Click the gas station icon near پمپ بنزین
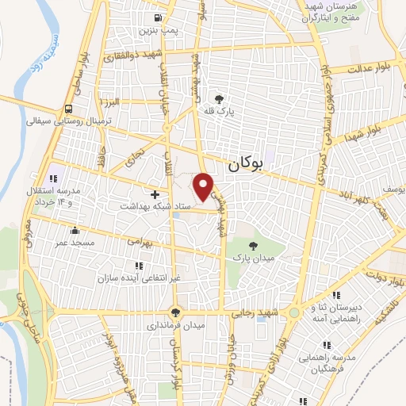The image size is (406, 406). tap(161, 17)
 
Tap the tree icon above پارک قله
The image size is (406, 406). tap(219, 99)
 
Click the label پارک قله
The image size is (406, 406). tap(220, 113)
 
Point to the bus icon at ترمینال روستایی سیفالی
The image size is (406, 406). tap(71, 109)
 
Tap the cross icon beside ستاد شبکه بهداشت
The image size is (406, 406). tap(155, 193)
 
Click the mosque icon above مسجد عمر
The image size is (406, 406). tap(75, 231)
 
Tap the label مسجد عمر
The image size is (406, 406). tap(74, 243)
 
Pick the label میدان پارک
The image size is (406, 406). tap(251, 258)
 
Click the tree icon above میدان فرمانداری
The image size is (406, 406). tap(175, 312)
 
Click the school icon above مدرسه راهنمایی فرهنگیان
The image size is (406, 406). tap(326, 344)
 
